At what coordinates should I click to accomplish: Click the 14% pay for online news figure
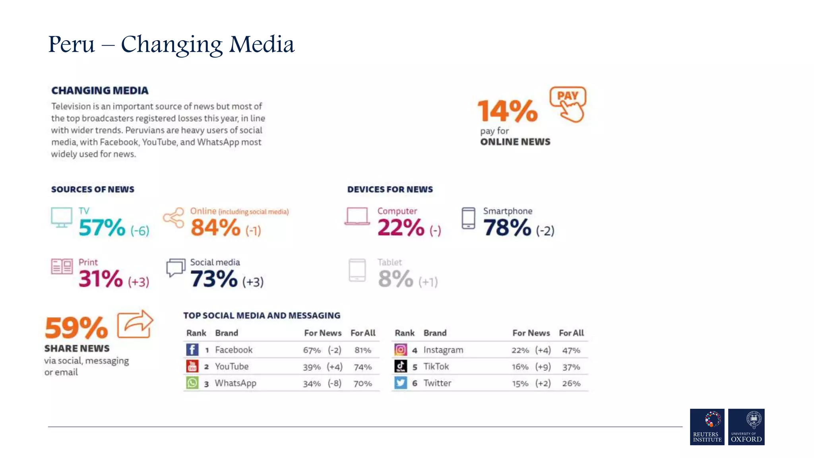[507, 111]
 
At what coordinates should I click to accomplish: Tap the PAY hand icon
[568, 104]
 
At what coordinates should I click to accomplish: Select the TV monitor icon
[62, 217]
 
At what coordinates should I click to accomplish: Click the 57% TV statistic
[102, 228]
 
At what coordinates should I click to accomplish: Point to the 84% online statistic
[215, 228]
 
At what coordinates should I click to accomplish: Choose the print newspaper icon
[62, 266]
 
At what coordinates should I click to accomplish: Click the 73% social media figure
[214, 279]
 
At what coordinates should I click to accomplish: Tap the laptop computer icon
[357, 217]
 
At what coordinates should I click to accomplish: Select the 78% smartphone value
[507, 228]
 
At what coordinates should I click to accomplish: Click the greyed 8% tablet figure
[395, 279]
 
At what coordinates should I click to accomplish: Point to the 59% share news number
[76, 328]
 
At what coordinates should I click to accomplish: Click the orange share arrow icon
[135, 324]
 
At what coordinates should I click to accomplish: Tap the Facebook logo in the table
[192, 350]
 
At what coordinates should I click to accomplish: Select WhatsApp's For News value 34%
[312, 384]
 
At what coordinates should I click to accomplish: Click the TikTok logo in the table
[400, 366]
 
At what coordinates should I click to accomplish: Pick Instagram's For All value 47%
[571, 350]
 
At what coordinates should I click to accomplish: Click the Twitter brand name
[437, 383]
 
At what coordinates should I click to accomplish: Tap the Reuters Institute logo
[707, 427]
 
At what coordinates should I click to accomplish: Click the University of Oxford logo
[746, 427]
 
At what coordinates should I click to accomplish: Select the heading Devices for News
[390, 190]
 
